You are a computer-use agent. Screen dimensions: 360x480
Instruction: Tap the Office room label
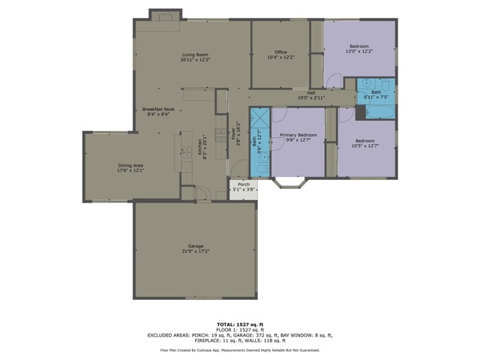pos(280,52)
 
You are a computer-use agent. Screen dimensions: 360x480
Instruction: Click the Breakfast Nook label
pos(158,109)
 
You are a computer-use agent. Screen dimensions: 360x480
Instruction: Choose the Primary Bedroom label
pos(298,135)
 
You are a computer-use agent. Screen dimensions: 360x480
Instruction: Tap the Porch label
pos(243,184)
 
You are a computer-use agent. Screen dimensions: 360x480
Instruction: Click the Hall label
pos(310,92)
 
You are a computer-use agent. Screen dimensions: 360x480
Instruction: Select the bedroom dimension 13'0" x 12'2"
pos(358,52)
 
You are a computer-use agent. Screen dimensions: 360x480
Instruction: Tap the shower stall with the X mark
pos(259,120)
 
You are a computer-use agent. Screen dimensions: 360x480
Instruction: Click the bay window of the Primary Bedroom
pos(289,182)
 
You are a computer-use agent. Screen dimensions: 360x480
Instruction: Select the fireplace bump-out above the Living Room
pos(160,15)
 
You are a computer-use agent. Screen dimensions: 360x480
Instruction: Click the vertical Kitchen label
pos(199,147)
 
